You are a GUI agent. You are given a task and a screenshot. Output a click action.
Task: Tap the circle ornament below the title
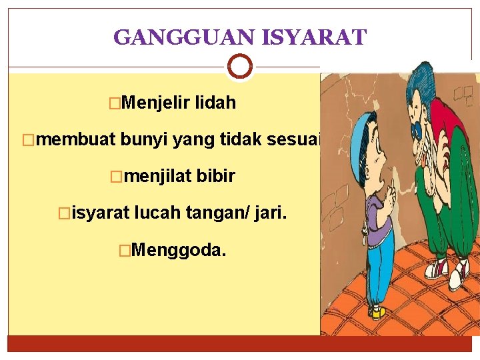(239, 66)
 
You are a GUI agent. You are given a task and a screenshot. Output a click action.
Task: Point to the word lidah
(215, 103)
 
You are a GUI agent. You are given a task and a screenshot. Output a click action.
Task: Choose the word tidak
(243, 140)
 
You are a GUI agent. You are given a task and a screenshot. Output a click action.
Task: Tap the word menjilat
(157, 177)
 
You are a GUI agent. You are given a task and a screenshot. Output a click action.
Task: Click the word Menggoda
(179, 251)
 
